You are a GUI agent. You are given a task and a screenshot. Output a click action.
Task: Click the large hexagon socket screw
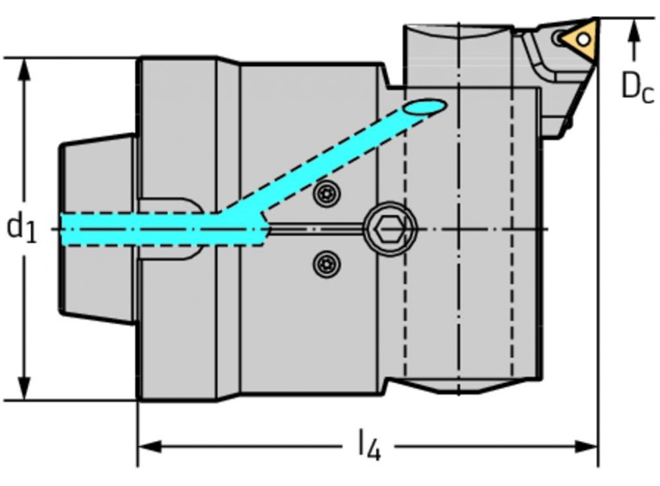pos(391,230)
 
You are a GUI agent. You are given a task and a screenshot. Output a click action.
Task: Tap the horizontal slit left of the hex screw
pos(317,228)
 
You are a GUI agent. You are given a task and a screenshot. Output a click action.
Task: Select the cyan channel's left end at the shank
pos(66,228)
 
